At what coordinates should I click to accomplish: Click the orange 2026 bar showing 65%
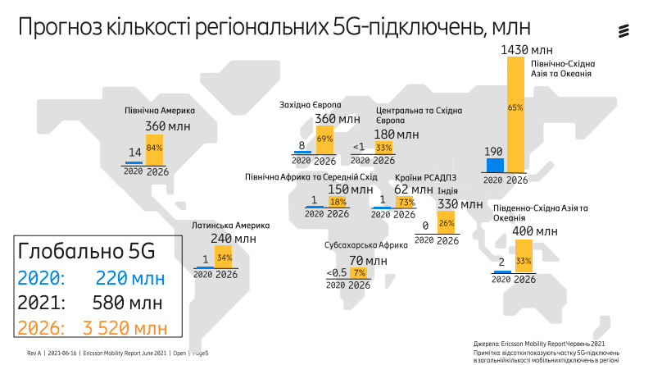click(515, 115)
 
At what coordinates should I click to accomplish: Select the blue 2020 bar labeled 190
click(493, 165)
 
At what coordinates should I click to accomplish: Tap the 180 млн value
click(396, 134)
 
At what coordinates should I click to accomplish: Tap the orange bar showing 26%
click(447, 223)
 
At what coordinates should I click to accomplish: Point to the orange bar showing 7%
click(358, 271)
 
